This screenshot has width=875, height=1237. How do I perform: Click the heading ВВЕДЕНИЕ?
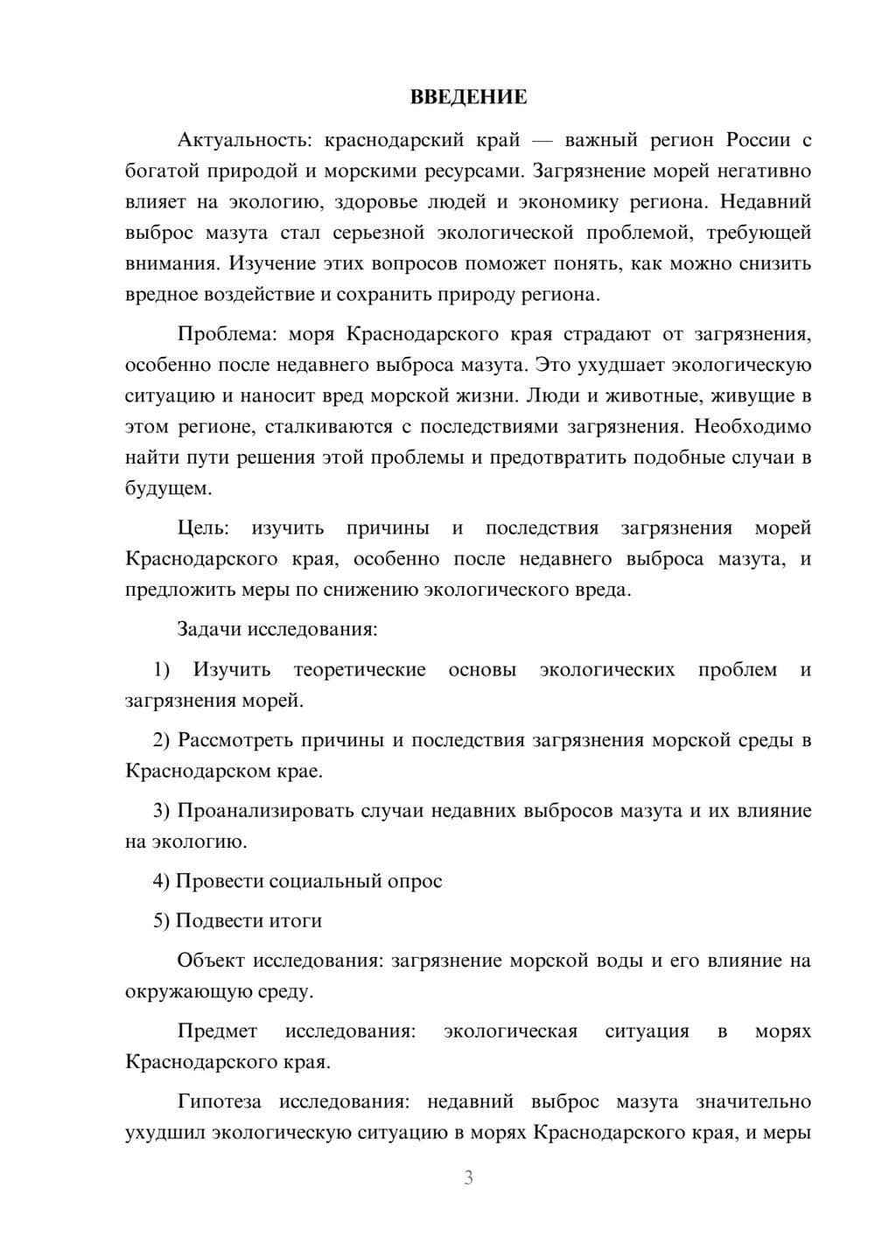468,97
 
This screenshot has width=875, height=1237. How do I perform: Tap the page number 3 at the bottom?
468,1178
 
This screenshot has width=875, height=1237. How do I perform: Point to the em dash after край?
542,141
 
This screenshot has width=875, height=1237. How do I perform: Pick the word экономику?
568,202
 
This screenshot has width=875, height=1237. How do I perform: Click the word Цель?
203,528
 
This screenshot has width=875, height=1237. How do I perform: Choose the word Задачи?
210,629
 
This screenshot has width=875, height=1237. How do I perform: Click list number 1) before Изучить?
162,670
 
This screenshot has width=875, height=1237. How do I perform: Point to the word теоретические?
360,670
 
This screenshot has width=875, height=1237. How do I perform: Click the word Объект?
211,961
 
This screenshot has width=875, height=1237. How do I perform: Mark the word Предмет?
217,1031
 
